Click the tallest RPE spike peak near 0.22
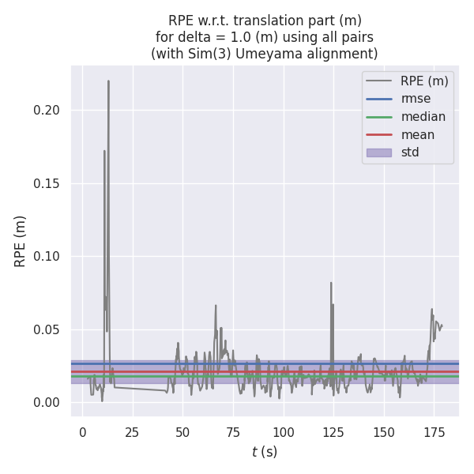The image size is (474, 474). pyautogui.click(x=108, y=81)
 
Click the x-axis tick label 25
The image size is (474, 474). pyautogui.click(x=133, y=432)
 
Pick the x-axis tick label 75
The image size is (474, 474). pyautogui.click(x=233, y=432)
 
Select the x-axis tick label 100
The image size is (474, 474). pyautogui.click(x=283, y=432)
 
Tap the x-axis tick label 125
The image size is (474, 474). pyautogui.click(x=333, y=432)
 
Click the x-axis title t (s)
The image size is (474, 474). pyautogui.click(x=265, y=453)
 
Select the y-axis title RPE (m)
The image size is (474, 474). pyautogui.click(x=21, y=241)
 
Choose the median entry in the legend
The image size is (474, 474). pyautogui.click(x=423, y=117)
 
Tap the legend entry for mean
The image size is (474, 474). pyautogui.click(x=418, y=134)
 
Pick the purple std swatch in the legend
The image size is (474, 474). pyautogui.click(x=378, y=152)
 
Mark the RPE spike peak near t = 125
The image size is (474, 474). pyautogui.click(x=331, y=282)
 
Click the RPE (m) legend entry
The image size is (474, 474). pyautogui.click(x=424, y=81)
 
